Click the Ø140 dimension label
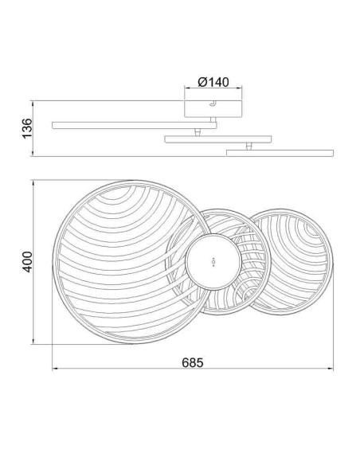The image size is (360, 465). tap(213, 82)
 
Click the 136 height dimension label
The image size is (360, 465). tap(27, 128)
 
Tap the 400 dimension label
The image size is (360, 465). tap(28, 262)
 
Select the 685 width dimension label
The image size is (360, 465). tap(193, 362)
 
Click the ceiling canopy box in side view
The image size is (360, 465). tap(213, 109)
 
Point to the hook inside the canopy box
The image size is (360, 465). tap(213, 104)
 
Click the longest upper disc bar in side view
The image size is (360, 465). tap(135, 125)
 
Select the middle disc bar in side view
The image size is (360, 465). tap(218, 139)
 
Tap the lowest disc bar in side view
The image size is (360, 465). tap(280, 153)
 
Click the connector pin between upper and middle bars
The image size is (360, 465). tap(198, 132)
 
